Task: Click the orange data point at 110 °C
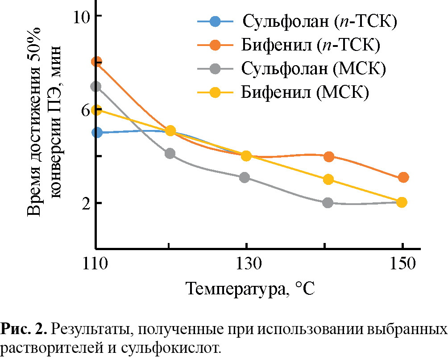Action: pyautogui.click(x=96, y=62)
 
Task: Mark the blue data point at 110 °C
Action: pyautogui.click(x=96, y=133)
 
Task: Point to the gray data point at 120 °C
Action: pyautogui.click(x=170, y=154)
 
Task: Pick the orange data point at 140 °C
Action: pyautogui.click(x=329, y=156)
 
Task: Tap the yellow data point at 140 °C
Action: pyautogui.click(x=329, y=180)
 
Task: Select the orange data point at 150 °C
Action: pyautogui.click(x=402, y=177)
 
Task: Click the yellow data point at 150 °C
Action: pyautogui.click(x=402, y=202)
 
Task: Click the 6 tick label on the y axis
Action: pyautogui.click(x=85, y=110)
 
